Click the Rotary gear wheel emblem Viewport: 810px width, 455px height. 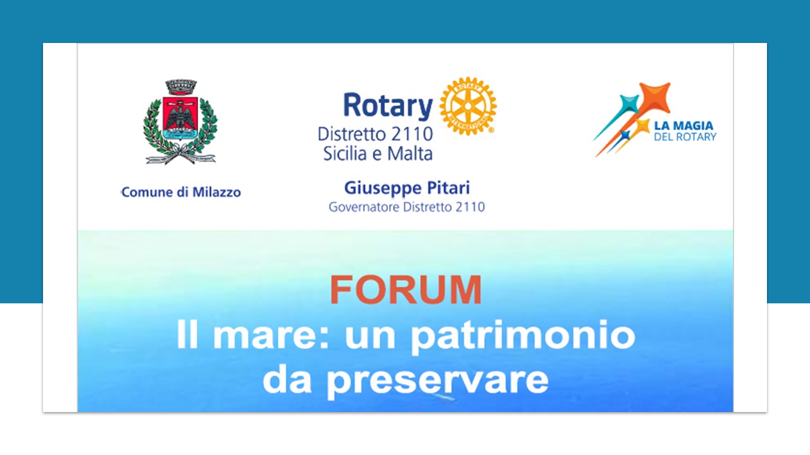point(468,106)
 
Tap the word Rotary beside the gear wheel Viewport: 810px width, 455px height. point(388,106)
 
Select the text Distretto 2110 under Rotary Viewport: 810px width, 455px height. point(375,134)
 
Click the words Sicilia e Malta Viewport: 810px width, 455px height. point(378,154)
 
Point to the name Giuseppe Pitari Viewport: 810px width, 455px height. point(407,188)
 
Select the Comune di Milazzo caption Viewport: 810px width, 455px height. point(181,192)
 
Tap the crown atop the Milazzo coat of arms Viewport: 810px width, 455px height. point(181,87)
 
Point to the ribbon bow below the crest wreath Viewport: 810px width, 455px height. point(180,154)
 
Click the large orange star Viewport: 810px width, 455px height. point(654,97)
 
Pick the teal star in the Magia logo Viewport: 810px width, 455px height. point(629,104)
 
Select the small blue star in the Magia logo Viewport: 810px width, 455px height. point(625,135)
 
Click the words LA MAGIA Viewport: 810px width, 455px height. point(683,126)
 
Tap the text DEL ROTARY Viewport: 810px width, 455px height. point(685,137)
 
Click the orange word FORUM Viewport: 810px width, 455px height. point(406,290)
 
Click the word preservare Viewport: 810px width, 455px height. point(437,381)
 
